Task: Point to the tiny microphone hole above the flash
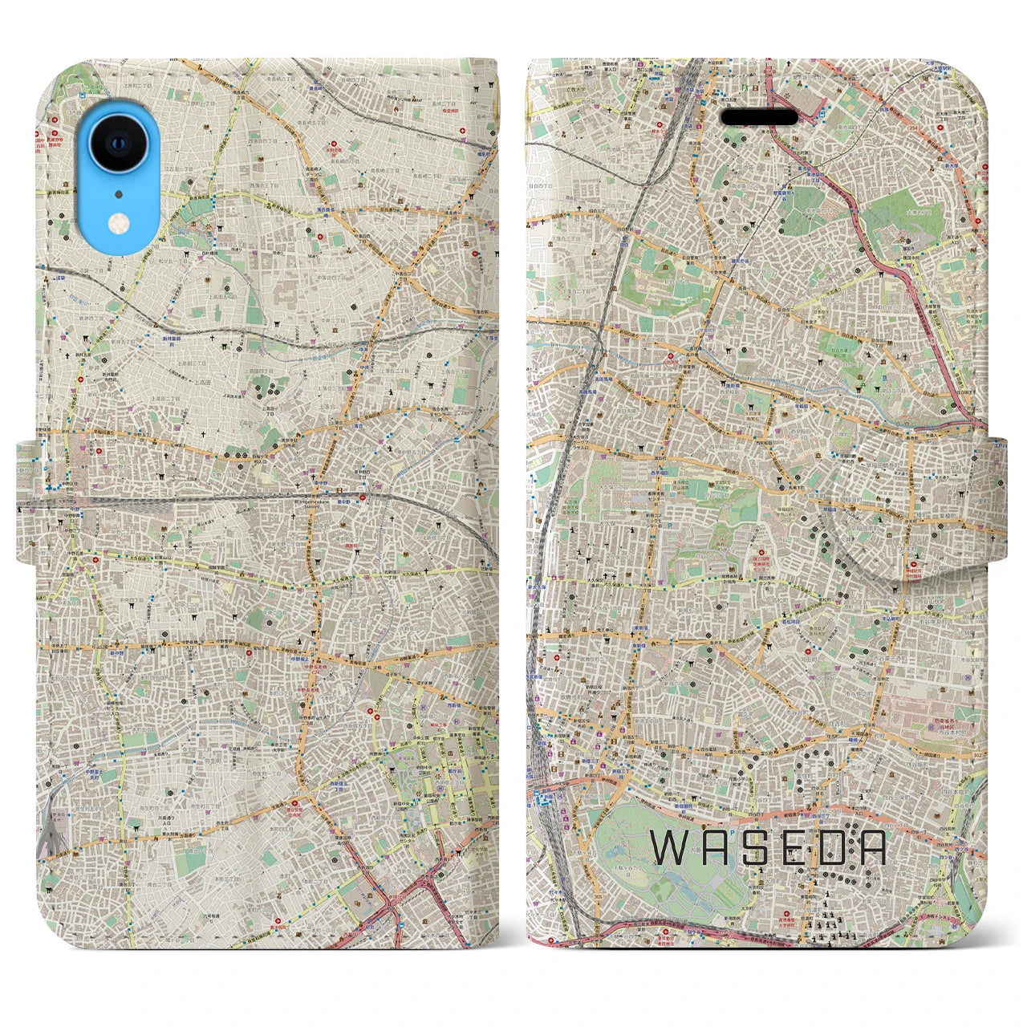pyautogui.click(x=118, y=193)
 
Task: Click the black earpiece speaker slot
pyautogui.click(x=760, y=118)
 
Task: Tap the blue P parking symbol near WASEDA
pyautogui.click(x=542, y=798)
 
